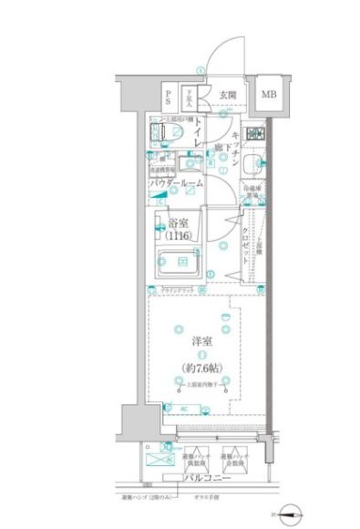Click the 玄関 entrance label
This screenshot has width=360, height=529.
coord(228,94)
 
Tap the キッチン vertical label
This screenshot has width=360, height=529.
coord(235,146)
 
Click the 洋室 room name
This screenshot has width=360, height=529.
coord(202,340)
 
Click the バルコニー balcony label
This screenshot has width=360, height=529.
coord(207,477)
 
